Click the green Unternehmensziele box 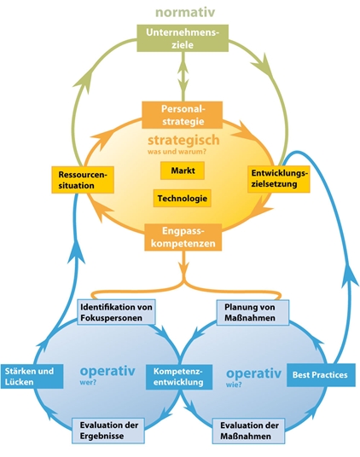pos(183,38)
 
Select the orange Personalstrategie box pos(183,115)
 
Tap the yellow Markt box pos(183,171)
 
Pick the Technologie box pos(183,199)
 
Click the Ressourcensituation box pos(83,180)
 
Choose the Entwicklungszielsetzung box pos(279,179)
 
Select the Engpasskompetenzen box pos(183,237)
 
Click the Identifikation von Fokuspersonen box pos(116,312)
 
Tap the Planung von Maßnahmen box pos(253,312)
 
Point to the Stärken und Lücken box pos(32,376)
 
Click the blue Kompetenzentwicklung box pos(179,377)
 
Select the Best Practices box pos(321,375)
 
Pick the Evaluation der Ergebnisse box pos(108,431)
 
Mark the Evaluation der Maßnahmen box pos(248,431)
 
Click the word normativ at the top pos(185,12)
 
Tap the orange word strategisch pos(183,140)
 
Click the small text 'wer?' pos(88,382)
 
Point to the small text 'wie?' pos(234,385)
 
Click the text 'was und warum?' pos(177,152)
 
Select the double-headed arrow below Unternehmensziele pos(183,77)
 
